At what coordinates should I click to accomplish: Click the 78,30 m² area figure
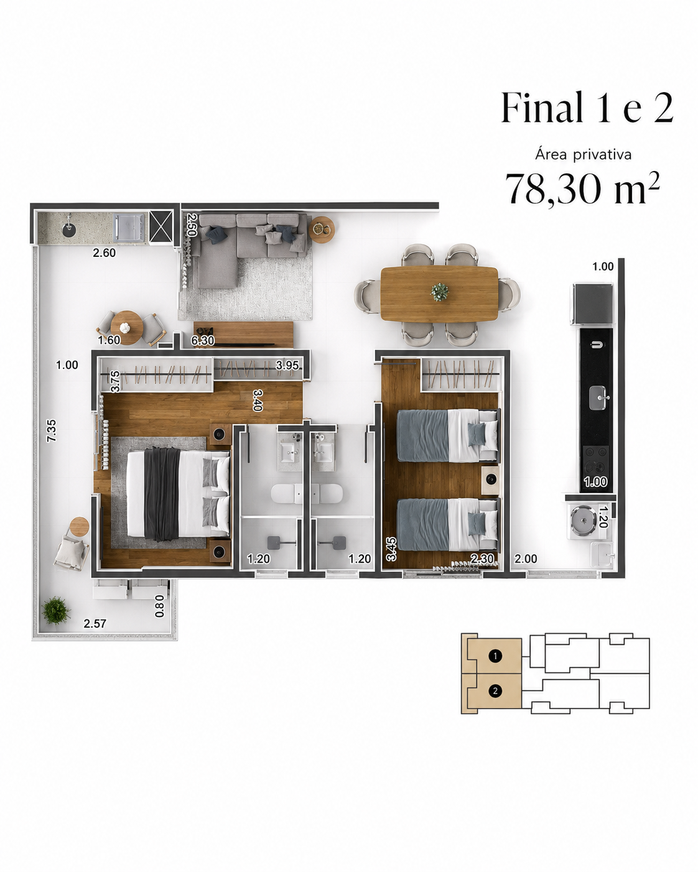[x=582, y=189]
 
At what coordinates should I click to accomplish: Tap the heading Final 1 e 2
[x=587, y=108]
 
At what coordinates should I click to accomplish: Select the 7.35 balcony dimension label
[x=52, y=431]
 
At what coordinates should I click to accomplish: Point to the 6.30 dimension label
[x=203, y=341]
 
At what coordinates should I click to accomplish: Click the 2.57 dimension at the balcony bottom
[x=95, y=623]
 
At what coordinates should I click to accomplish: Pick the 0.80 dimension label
[x=160, y=606]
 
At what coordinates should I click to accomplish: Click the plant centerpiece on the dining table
[x=440, y=292]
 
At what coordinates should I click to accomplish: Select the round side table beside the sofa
[x=322, y=230]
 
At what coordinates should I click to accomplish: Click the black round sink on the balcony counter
[x=69, y=228]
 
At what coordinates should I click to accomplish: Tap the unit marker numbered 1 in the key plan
[x=495, y=656]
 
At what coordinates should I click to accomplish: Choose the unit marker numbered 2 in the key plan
[x=495, y=691]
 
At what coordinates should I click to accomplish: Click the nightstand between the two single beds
[x=490, y=480]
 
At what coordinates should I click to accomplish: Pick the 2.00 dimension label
[x=526, y=559]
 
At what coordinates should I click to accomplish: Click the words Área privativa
[x=584, y=154]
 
